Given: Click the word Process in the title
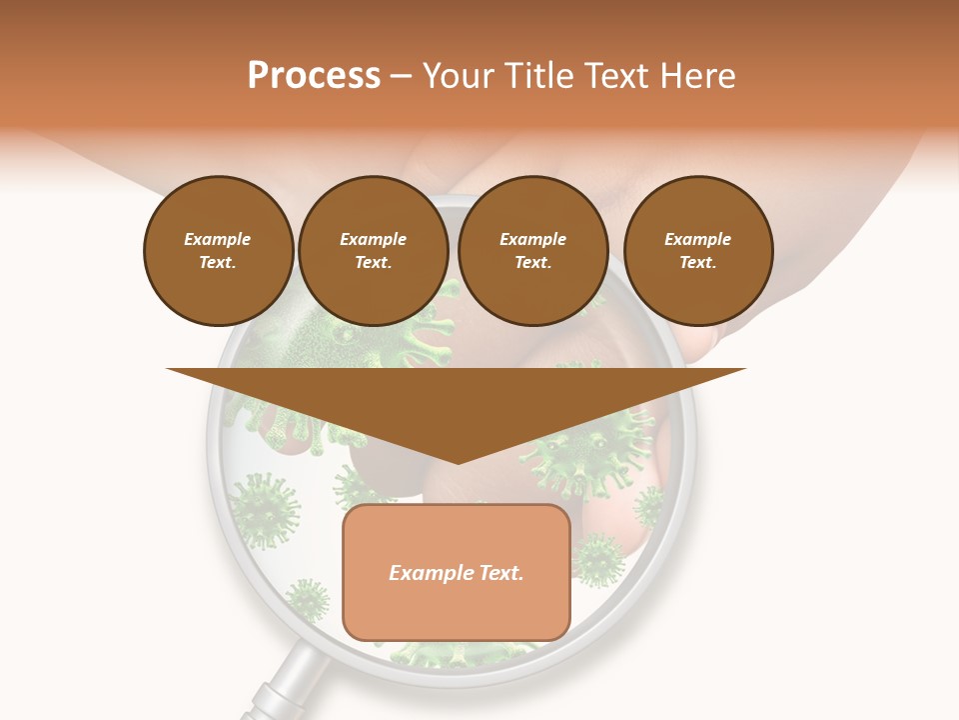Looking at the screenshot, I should coord(314,76).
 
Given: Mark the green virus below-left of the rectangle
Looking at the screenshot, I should coord(308,601).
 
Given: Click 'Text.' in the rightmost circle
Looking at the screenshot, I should coord(698,262).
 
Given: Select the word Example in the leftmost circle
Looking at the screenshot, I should coord(218,239).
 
